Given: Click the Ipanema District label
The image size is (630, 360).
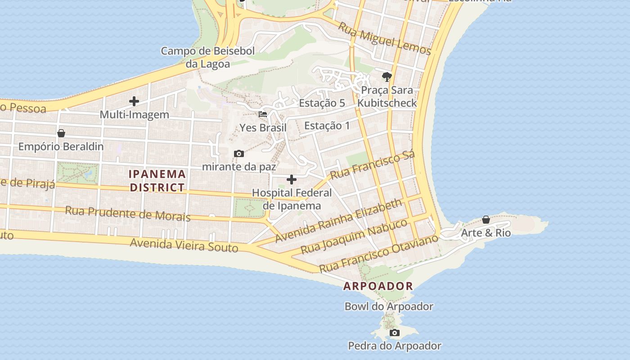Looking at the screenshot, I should click(x=157, y=180).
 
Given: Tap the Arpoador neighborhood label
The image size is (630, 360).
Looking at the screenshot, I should click(x=378, y=286).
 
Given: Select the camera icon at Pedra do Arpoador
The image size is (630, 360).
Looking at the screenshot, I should click(x=395, y=333).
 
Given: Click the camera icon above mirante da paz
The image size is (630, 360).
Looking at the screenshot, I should click(x=239, y=154).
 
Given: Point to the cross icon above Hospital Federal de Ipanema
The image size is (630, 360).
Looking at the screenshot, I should click(x=292, y=180).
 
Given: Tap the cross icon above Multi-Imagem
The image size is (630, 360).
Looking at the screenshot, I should click(x=134, y=102).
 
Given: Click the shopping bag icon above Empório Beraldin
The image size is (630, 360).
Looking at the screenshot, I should click(x=61, y=134).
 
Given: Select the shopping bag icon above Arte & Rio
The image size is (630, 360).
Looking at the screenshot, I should click(x=486, y=220).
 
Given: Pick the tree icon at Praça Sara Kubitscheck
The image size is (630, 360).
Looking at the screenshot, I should click(x=387, y=76).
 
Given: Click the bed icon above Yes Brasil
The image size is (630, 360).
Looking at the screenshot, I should click(x=263, y=114).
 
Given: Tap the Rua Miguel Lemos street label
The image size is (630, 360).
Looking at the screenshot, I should click(x=384, y=39).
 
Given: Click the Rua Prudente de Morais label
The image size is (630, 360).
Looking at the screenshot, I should click(x=128, y=213).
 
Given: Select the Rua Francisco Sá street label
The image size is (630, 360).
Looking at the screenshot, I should click(x=372, y=165).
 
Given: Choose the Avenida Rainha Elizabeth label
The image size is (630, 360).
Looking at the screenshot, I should click(x=338, y=220).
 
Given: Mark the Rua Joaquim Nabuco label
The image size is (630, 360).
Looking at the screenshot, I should click(x=354, y=236).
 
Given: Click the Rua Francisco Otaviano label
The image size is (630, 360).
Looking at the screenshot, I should click(x=378, y=253).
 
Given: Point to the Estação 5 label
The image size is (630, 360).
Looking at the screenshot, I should click(x=322, y=103).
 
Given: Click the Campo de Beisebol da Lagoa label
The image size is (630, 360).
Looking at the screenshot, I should click(x=208, y=57).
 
